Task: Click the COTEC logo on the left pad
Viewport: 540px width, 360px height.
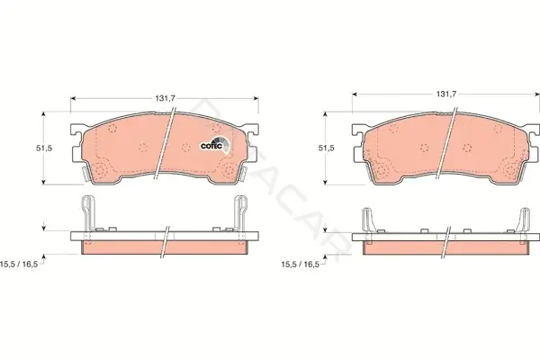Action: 215,145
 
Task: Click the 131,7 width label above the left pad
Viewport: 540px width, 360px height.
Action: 165,98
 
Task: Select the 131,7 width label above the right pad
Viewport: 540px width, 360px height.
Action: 446,94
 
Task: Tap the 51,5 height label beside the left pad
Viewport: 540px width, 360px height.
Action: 44,148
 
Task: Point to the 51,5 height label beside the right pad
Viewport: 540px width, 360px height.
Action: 326,148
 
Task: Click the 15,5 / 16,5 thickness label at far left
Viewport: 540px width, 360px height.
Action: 19,265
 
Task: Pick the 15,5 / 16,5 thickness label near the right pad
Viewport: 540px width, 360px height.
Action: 301,265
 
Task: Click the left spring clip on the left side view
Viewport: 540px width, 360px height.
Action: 88,213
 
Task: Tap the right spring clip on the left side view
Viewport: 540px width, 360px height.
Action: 240,213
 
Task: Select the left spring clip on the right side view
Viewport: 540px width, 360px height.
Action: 367,220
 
